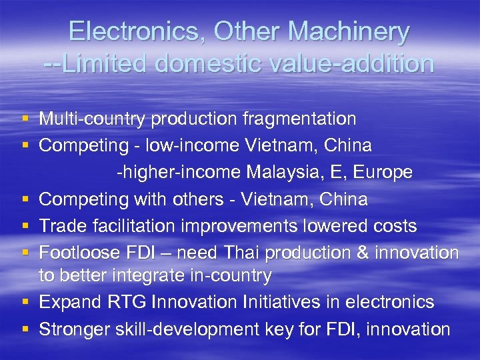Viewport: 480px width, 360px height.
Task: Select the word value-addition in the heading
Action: (358, 63)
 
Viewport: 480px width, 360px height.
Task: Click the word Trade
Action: (61, 226)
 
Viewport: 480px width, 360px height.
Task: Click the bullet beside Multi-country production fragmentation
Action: (25, 119)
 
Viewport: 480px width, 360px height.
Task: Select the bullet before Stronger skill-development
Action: (25, 329)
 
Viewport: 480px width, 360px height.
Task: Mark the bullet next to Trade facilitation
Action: (25, 226)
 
